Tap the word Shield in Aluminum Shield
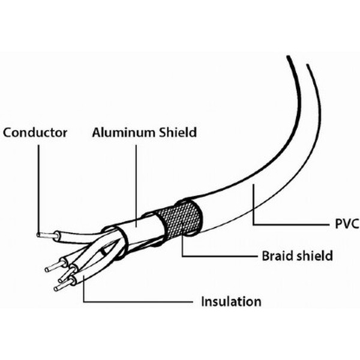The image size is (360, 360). click(x=177, y=132)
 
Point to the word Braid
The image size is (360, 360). click(x=277, y=256)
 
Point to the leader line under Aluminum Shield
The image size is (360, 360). click(x=136, y=180)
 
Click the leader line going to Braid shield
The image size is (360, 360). click(x=216, y=256)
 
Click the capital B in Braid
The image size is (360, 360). click(x=265, y=256)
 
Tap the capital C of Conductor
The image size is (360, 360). click(x=8, y=132)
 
